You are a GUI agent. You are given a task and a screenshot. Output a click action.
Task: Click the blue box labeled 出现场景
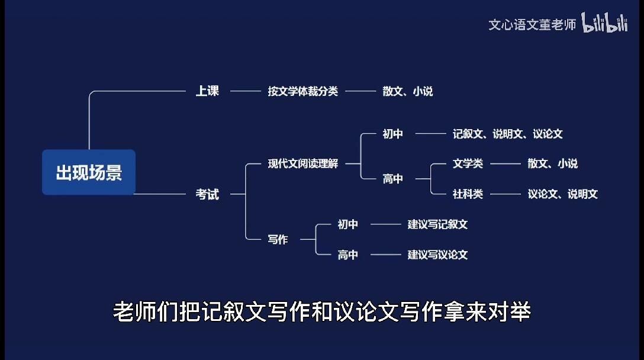click(89, 172)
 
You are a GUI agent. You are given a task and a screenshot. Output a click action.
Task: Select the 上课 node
click(207, 91)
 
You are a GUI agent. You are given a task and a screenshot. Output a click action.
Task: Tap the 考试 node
click(207, 194)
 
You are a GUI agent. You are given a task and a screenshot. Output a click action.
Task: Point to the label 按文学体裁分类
click(303, 91)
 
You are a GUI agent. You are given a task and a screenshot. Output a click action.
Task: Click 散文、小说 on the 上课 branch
click(408, 91)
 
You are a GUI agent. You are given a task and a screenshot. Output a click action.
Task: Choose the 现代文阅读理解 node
click(303, 163)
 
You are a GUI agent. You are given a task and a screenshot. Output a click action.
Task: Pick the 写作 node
click(278, 239)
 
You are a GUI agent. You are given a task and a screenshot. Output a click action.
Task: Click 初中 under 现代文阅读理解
click(392, 134)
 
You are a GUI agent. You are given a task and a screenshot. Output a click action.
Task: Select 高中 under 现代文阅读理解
click(392, 179)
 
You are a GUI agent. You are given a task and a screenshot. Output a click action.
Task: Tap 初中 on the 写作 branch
click(348, 224)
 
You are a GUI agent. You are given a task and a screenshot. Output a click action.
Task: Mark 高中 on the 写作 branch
click(348, 255)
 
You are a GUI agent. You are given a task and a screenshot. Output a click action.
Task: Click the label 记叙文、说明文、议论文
click(508, 134)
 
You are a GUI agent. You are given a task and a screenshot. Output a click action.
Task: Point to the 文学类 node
click(468, 163)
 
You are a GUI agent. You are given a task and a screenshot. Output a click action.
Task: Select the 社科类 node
click(468, 194)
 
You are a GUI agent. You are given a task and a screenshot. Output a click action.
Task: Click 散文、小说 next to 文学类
click(553, 163)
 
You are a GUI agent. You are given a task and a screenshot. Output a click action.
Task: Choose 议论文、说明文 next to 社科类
click(563, 194)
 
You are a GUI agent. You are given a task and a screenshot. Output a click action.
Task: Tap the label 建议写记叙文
click(438, 224)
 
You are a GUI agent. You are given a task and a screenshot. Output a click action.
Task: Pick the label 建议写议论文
click(438, 255)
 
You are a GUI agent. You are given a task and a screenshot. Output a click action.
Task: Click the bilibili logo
click(604, 22)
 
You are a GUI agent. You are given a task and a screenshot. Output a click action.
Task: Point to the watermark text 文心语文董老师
click(532, 25)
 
